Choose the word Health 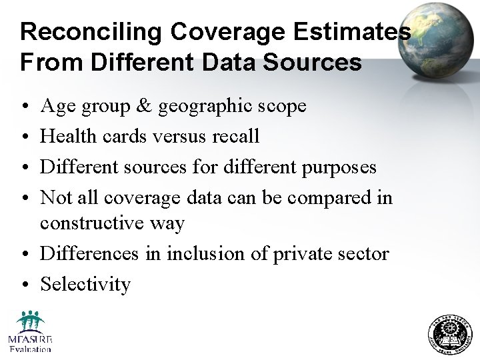[69, 136]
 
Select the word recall [235, 136]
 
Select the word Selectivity [85, 284]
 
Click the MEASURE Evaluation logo [30, 331]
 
